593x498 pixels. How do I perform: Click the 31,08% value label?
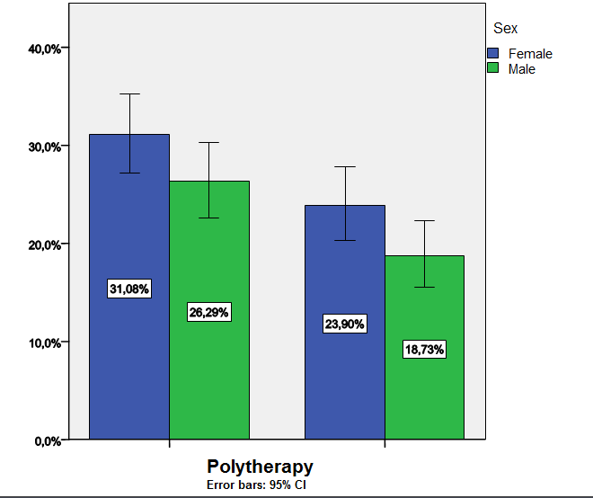point(129,289)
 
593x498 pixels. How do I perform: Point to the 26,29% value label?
point(209,312)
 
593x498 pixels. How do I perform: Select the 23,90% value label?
point(345,324)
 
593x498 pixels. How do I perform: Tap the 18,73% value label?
point(424,350)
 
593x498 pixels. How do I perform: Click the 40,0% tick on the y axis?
point(42,49)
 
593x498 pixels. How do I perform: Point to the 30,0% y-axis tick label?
point(42,147)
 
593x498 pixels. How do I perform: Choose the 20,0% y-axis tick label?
point(42,245)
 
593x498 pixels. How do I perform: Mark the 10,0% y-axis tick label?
point(42,342)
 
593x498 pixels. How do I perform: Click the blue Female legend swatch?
point(493,54)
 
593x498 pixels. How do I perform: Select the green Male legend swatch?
point(493,68)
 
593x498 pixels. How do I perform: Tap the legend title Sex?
point(505,29)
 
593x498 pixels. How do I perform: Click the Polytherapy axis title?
point(260,467)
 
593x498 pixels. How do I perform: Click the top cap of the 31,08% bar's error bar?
point(129,93)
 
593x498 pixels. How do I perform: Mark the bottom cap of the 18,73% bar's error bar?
point(424,287)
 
